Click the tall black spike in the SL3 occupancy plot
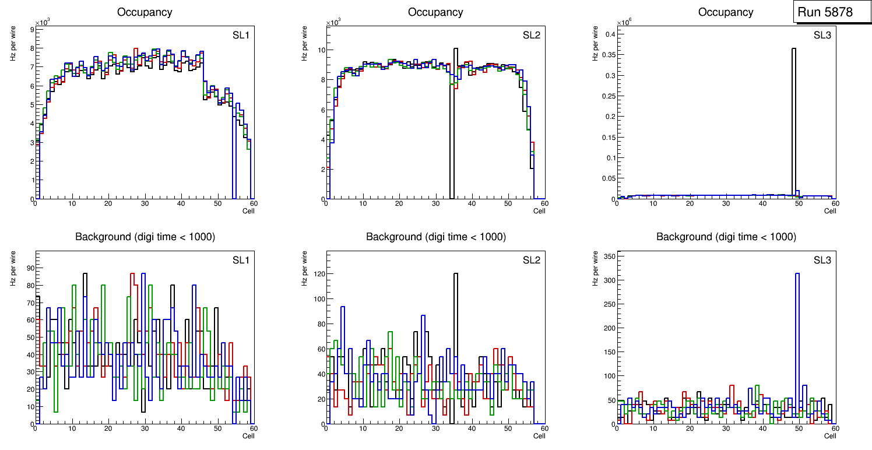click(x=794, y=117)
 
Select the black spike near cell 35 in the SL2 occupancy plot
click(x=455, y=117)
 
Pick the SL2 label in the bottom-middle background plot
click(x=532, y=260)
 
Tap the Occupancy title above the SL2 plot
click(x=435, y=12)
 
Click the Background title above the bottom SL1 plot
click(x=145, y=237)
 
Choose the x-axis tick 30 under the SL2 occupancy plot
click(x=435, y=203)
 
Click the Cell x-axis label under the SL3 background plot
click(x=830, y=436)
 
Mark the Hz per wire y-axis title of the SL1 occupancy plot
click(x=13, y=44)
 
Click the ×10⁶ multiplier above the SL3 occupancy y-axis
click(x=624, y=23)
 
